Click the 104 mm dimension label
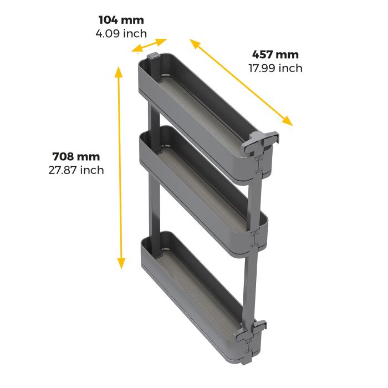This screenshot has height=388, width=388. pos(120,21)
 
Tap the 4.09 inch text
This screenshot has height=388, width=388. pos(120,33)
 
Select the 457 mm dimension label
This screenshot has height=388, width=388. pos(275,55)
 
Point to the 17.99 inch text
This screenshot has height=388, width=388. pos(275,68)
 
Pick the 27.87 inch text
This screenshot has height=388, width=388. pos(76,170)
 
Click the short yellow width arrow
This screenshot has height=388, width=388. pos(150,45)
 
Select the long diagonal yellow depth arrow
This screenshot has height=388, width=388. pos(241,82)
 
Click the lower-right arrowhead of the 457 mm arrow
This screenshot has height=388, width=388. pos(287,120)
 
